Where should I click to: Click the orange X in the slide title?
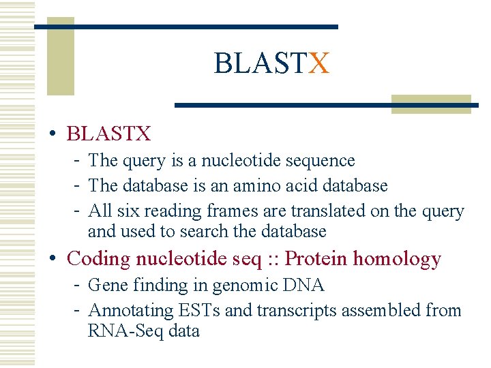(319, 64)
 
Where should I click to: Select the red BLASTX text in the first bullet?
(108, 134)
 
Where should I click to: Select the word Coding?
(99, 259)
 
